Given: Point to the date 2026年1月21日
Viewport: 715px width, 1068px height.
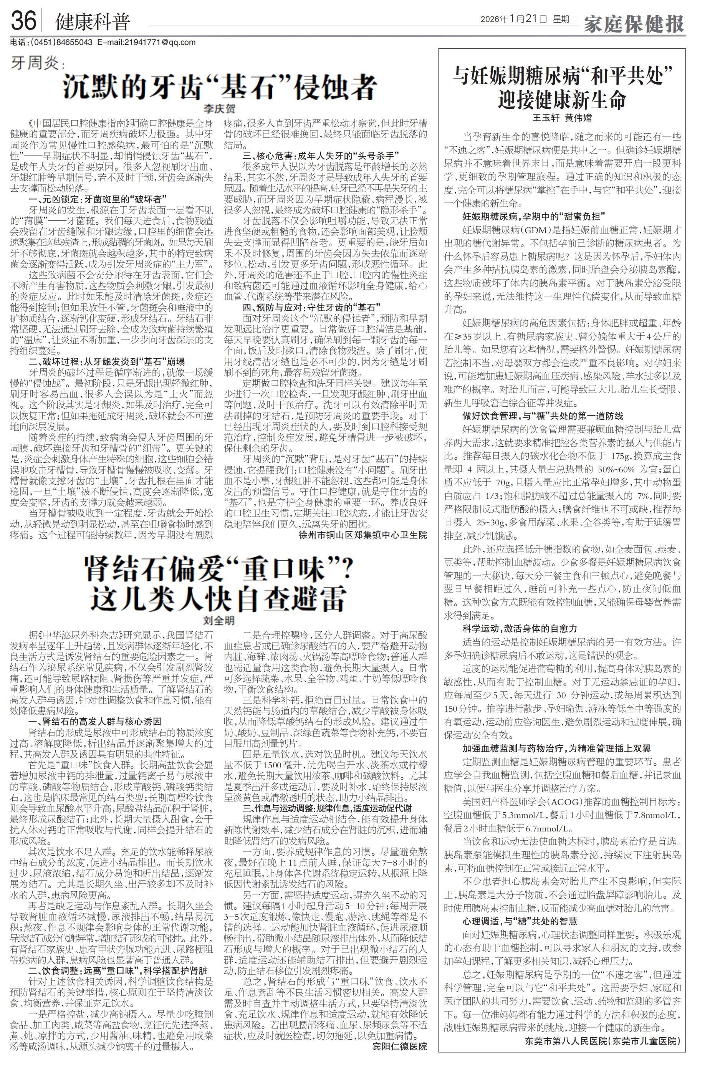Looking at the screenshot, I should point(513,19).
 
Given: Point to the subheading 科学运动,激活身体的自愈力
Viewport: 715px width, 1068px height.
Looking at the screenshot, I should point(520,629).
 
